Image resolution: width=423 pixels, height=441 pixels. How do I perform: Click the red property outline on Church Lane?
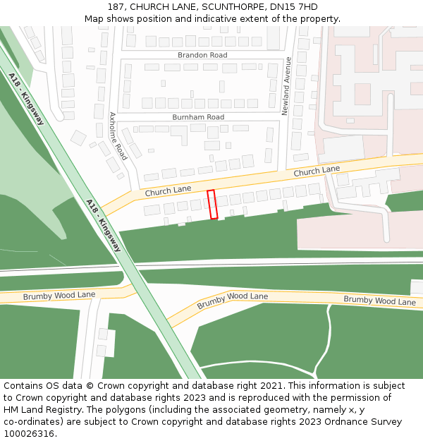(x=212, y=204)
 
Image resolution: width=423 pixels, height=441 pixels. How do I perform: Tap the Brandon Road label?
(x=202, y=55)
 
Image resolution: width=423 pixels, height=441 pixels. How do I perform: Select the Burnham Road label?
(x=198, y=117)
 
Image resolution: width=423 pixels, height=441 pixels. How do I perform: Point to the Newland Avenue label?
(x=287, y=86)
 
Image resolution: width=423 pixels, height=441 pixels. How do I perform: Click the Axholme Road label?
(x=118, y=135)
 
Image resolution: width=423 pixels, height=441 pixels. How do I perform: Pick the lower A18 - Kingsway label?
(x=104, y=225)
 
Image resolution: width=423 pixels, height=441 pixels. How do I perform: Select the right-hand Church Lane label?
(x=317, y=171)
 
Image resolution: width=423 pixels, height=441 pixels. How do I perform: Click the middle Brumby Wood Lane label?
(x=233, y=301)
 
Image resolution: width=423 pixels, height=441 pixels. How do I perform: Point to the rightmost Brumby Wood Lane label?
(x=379, y=301)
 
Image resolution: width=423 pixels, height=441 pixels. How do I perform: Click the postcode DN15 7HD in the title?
(x=299, y=7)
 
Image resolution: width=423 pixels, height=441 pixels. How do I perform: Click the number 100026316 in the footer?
(x=29, y=433)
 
